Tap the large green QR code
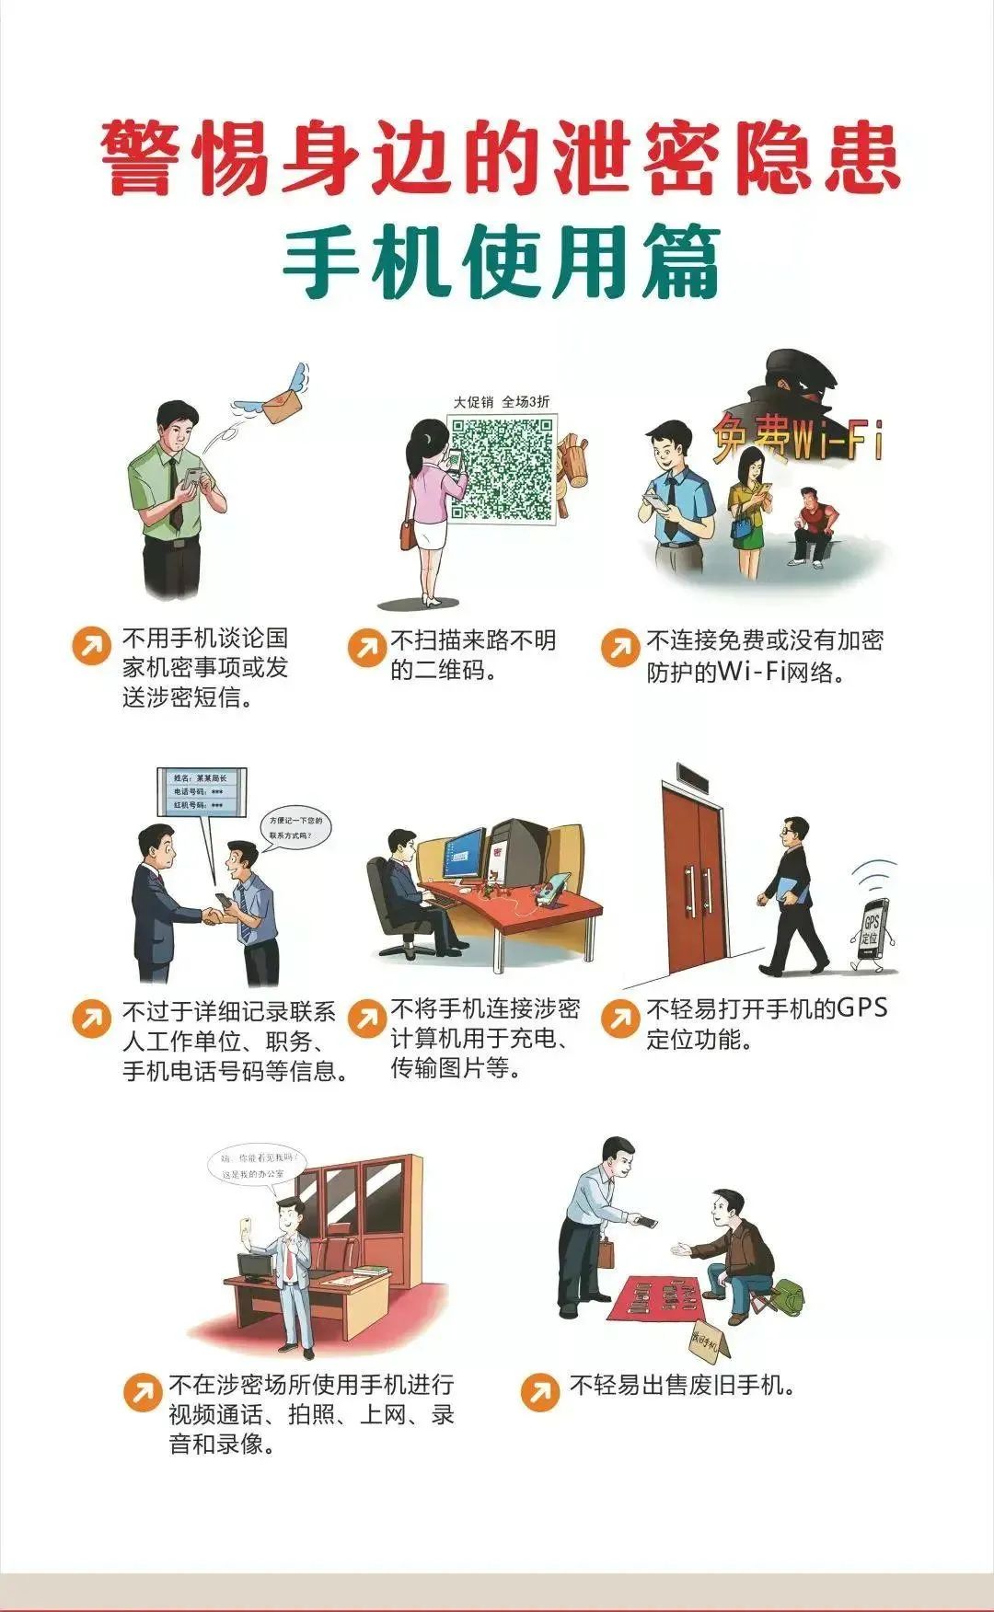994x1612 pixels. [503, 469]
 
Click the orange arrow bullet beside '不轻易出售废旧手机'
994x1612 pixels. [539, 1392]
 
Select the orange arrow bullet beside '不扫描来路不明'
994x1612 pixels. [366, 648]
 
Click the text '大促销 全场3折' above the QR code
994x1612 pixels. [502, 402]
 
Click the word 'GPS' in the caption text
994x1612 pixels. [861, 1008]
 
